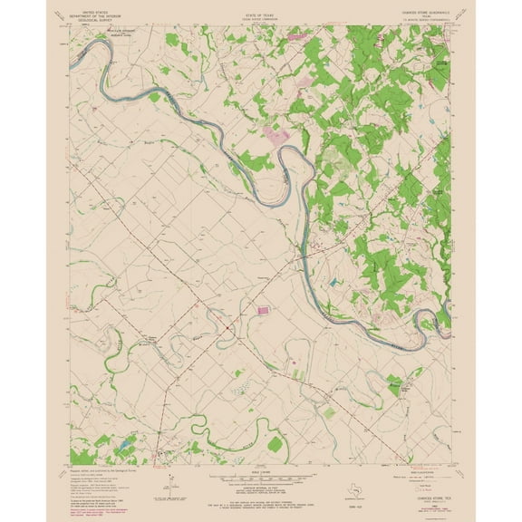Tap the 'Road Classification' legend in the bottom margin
[419, 471]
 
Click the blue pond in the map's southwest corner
[117, 446]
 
